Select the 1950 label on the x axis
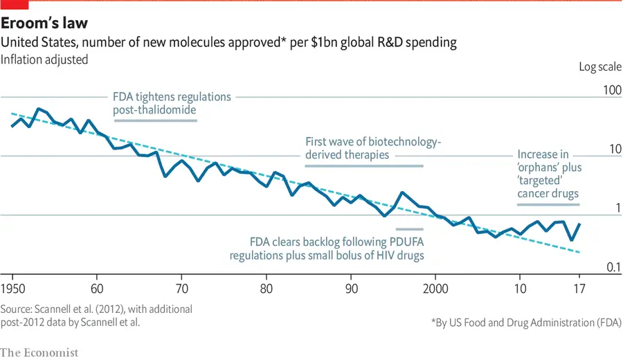[13, 288]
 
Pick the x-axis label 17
[579, 288]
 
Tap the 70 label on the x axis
[181, 288]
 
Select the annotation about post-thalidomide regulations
[172, 103]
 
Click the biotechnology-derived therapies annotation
[372, 148]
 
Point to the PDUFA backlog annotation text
[336, 249]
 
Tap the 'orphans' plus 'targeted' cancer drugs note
[548, 174]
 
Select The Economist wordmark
[39, 352]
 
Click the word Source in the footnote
[19, 309]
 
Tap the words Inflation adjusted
[44, 60]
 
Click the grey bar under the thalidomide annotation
[156, 120]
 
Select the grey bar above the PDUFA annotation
[409, 228]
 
